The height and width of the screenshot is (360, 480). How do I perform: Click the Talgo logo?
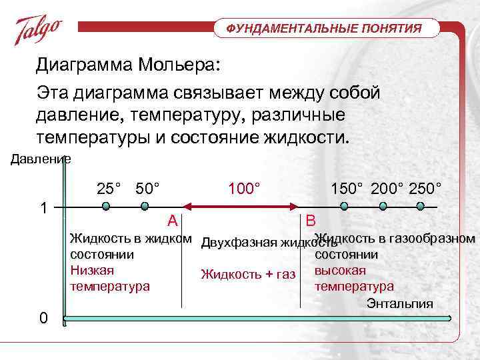coord(39,30)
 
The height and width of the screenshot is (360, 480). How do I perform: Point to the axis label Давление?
coord(39,159)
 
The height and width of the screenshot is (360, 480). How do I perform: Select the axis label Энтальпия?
coord(399,304)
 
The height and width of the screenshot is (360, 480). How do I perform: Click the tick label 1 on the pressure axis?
coord(43,207)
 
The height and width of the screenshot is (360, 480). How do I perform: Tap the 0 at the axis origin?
coord(43,318)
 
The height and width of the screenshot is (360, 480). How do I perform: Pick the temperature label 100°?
coord(243,188)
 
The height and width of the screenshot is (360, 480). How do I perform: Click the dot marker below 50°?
coord(145,207)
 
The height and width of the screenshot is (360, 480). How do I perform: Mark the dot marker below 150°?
coord(346,207)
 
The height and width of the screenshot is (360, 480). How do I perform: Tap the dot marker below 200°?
coord(383,207)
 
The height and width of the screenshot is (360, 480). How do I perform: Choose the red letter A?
coord(172,221)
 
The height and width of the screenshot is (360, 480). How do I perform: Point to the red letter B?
coord(311,221)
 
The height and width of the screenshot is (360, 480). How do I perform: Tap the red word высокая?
coord(340,271)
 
